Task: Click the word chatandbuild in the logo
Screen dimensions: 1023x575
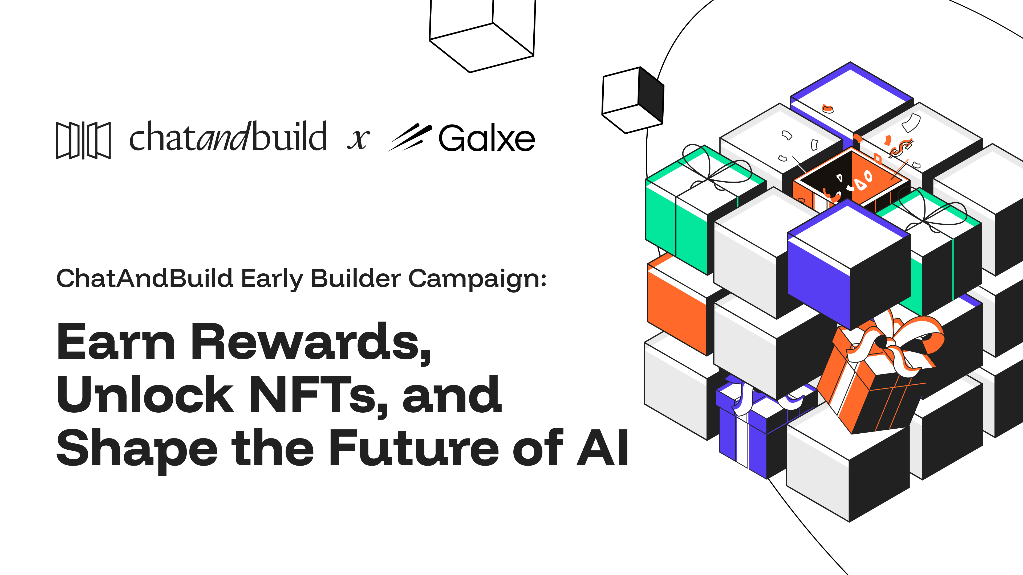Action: [228, 137]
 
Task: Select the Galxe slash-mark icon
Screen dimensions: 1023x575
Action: [410, 137]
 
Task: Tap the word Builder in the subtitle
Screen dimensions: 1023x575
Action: [356, 278]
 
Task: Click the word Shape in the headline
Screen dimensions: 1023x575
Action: [137, 450]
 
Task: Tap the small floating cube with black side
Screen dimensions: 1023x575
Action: [633, 100]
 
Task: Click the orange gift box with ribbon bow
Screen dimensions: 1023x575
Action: [878, 373]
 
